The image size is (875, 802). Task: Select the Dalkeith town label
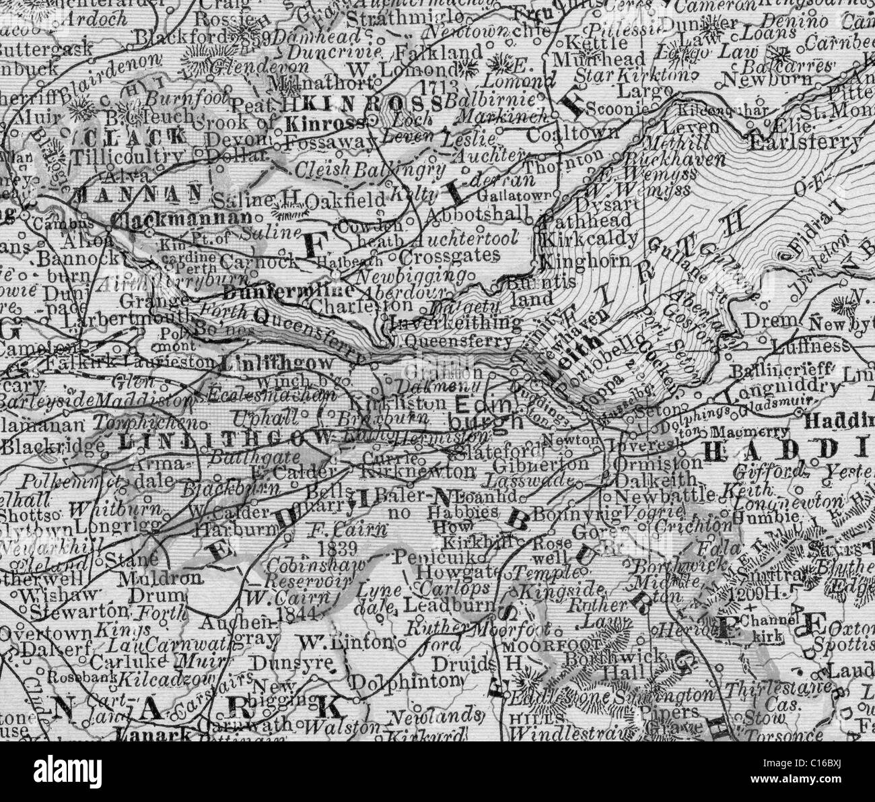click(646, 480)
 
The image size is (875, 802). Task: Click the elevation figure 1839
click(339, 544)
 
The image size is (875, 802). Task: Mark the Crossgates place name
click(449, 255)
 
